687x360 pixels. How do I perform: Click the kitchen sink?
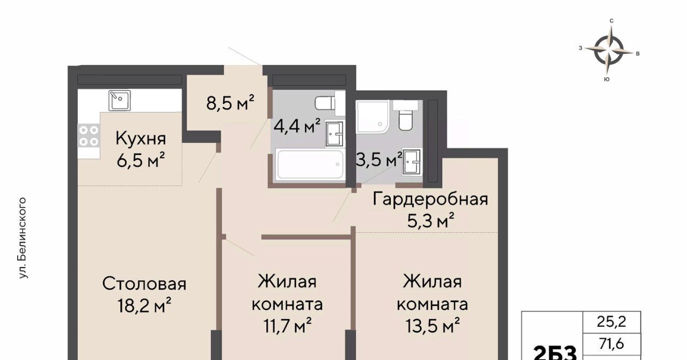pos(120,100)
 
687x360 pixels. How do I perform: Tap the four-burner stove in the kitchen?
pos(89,136)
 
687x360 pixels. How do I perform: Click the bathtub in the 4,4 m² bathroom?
pos(310,164)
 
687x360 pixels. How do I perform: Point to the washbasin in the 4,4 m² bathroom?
pos(334,134)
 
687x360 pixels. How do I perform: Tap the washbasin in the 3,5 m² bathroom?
pos(412,161)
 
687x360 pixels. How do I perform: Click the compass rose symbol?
pos(609,50)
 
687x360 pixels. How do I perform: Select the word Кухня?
pos(141,138)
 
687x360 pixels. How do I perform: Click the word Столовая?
pos(144,284)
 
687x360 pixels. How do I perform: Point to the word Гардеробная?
pos(430,199)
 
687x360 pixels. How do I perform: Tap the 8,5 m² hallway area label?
pos(230,102)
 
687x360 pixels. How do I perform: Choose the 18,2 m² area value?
pos(144,305)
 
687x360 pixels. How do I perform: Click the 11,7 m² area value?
pos(288,326)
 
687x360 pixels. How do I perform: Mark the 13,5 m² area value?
pos(433,326)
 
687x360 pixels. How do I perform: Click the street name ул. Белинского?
pos(23,238)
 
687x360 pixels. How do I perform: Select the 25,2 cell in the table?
pos(611,322)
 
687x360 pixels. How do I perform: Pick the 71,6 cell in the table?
pos(611,344)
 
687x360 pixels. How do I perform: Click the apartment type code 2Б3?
pos(555,354)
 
